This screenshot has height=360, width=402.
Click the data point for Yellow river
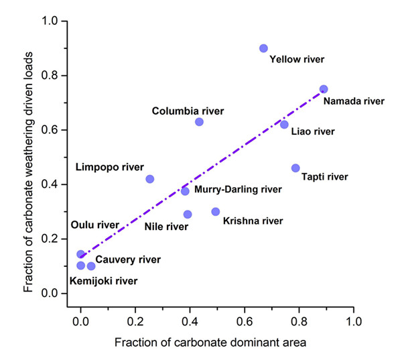coord(263,48)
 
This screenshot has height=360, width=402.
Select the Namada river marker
coord(324,89)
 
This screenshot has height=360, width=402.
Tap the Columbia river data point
coord(199,121)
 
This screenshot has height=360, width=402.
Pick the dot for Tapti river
coord(295,168)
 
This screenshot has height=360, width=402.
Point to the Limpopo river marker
coord(150,179)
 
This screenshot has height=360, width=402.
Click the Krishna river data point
coord(216,211)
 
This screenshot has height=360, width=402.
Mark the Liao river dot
coord(284,125)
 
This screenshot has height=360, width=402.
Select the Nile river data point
coord(188,215)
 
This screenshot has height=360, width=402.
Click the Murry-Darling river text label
coord(238,190)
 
